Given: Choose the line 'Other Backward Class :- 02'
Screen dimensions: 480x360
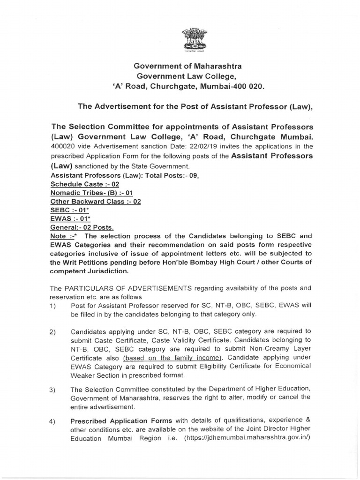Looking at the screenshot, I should point(95,202).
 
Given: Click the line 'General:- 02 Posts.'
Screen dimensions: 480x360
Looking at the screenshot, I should point(82,227).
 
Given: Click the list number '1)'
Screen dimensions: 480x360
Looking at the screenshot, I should point(53,306).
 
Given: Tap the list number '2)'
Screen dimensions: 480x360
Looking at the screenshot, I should point(53,332).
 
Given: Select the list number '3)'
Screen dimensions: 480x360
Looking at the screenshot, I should point(53,390).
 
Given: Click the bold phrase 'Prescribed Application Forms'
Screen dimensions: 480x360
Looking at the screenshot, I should point(120,420).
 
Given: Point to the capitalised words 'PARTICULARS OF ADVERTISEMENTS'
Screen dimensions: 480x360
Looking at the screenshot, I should point(123,287).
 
